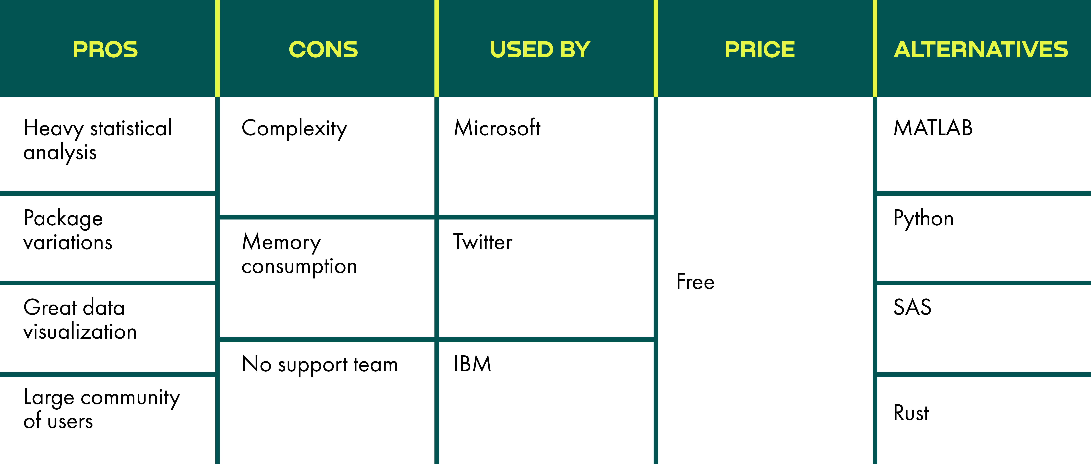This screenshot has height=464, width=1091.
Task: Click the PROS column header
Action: [105, 50]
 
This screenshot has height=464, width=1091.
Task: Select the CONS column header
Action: [323, 50]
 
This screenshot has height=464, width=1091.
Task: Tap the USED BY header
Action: [540, 50]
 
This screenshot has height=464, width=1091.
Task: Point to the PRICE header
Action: [759, 50]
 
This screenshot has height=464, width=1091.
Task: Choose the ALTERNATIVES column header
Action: [981, 50]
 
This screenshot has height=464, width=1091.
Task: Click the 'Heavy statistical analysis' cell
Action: [97, 140]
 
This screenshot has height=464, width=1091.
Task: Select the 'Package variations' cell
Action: [68, 230]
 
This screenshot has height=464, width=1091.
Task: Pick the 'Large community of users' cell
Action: [102, 409]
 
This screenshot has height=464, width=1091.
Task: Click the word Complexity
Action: [294, 128]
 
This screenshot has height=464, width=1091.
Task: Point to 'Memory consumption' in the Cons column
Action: [299, 254]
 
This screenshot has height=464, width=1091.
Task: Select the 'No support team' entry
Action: [320, 364]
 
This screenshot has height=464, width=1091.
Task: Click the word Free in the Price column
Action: [695, 282]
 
